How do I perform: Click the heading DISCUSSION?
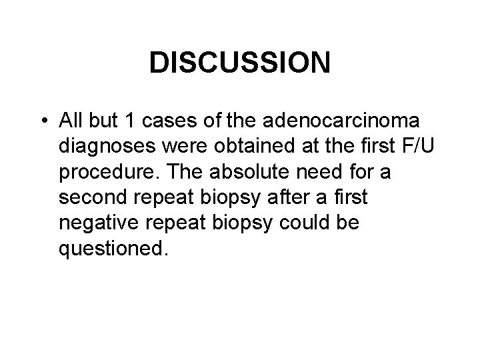tap(240, 63)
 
